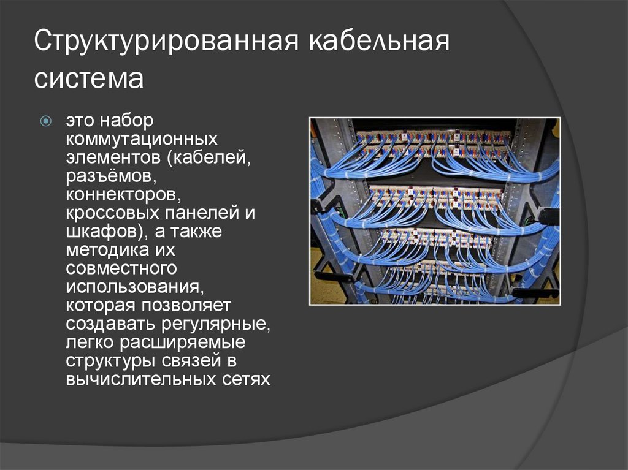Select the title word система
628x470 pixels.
(88, 79)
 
